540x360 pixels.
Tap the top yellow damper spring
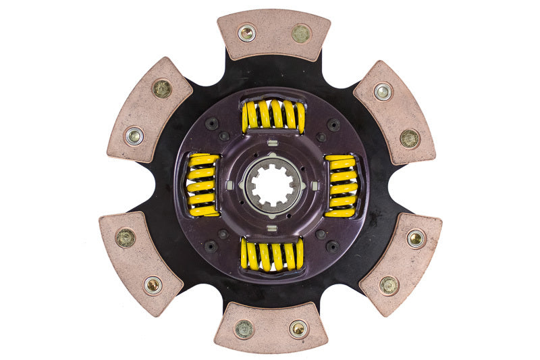click(x=273, y=116)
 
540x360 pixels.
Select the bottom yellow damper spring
click(x=272, y=254)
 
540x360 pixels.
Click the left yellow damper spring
click(x=202, y=185)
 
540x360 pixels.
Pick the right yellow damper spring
click(x=342, y=185)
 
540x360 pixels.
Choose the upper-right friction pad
click(x=395, y=112)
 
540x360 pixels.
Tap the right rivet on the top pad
click(x=300, y=32)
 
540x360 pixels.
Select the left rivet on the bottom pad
click(x=244, y=329)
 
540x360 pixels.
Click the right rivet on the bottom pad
click(x=298, y=329)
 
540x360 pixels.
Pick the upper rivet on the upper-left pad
click(x=162, y=88)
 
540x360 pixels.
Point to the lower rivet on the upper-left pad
click(x=134, y=136)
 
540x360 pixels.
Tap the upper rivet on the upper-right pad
click(x=383, y=91)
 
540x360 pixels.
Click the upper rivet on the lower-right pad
click(x=416, y=238)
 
